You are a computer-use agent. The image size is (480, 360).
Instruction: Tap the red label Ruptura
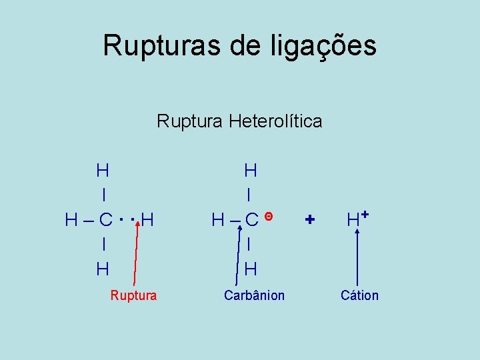pyautogui.click(x=133, y=295)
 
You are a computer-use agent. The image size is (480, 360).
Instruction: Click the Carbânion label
pyautogui.click(x=254, y=295)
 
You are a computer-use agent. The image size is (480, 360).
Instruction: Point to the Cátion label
pyautogui.click(x=359, y=295)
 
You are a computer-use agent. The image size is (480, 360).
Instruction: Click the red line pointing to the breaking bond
pyautogui.click(x=136, y=253)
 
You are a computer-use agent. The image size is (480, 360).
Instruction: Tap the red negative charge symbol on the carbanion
pyautogui.click(x=267, y=216)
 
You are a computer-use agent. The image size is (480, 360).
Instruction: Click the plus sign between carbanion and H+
pyautogui.click(x=309, y=219)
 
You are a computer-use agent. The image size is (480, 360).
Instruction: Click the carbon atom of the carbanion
pyautogui.click(x=251, y=219)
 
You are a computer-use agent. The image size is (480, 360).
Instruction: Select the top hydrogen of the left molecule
pyautogui.click(x=103, y=171)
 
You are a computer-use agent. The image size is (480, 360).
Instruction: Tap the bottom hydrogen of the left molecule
pyautogui.click(x=103, y=269)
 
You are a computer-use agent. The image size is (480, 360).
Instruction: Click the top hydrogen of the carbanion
pyautogui.click(x=251, y=171)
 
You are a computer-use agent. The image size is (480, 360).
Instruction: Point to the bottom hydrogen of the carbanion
pyautogui.click(x=251, y=269)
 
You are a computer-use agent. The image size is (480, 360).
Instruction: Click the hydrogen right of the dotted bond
pyautogui.click(x=148, y=219)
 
